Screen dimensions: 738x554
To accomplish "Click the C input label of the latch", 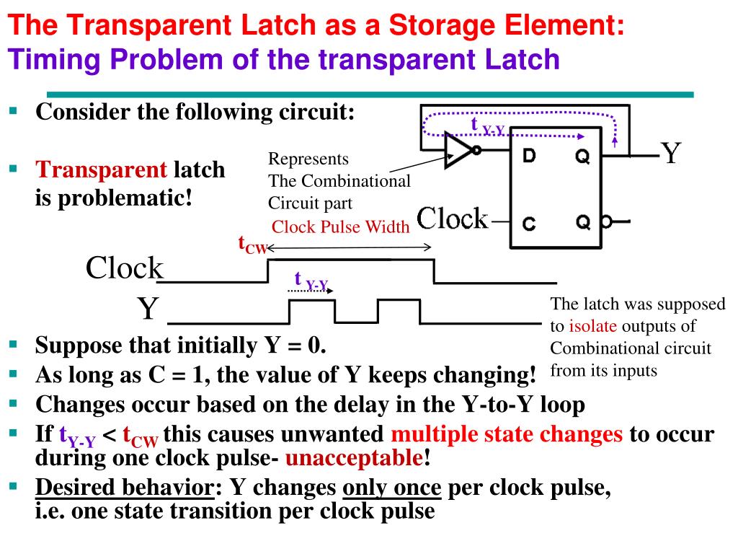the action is pos(529,224).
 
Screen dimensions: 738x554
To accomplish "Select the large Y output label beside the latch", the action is pos(671,153).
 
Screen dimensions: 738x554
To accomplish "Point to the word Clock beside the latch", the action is pos(452,218).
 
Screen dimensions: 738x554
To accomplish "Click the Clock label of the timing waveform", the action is pos(125,268).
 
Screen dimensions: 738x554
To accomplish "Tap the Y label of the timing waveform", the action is pos(148,310).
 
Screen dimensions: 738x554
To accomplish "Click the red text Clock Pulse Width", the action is pos(341,227).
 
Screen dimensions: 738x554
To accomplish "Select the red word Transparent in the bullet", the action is pos(102,170).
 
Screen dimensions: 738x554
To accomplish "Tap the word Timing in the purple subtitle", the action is pos(50,58).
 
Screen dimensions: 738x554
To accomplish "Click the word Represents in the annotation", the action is pos(308,159).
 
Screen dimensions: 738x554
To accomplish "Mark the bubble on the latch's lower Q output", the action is pos(607,222).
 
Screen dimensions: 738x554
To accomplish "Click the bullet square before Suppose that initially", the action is pos(13,345).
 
